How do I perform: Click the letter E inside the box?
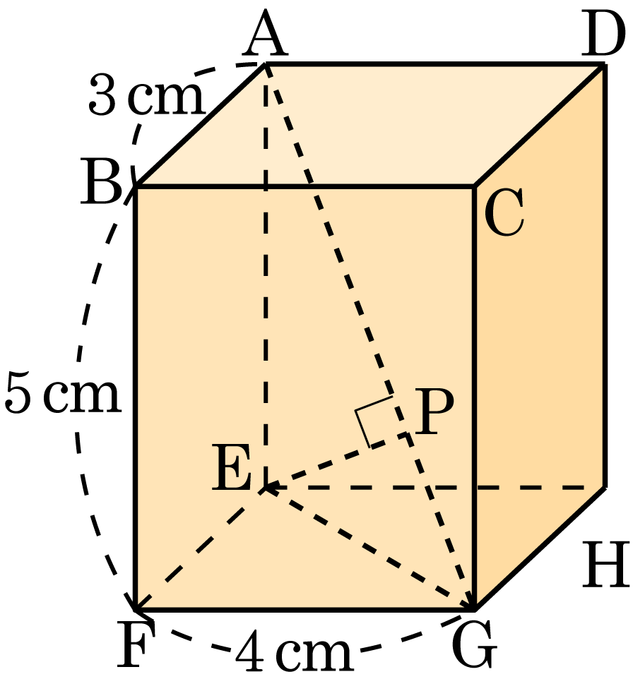231,467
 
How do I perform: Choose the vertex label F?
136,644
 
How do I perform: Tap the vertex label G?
474,644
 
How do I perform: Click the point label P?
434,412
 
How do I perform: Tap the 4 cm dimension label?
294,649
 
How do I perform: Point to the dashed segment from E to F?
199,549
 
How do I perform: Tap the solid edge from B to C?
305,187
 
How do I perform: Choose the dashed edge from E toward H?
435,488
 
